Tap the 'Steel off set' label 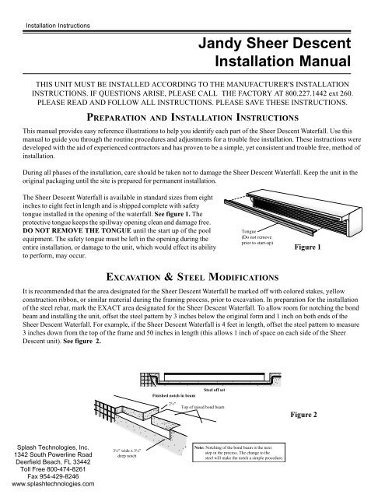215,388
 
